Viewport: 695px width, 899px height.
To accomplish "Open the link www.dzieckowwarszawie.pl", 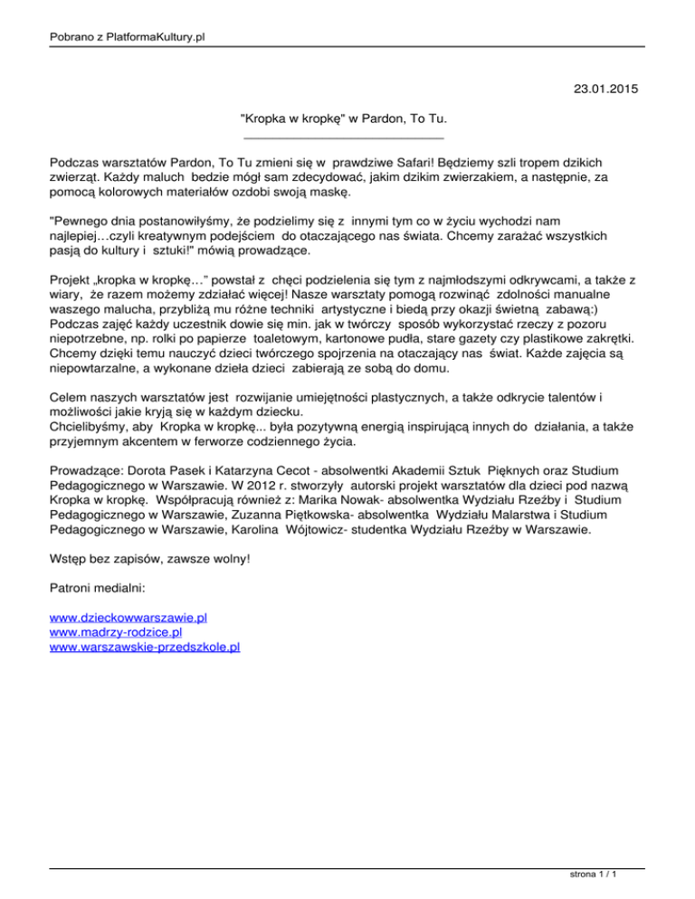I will tap(129, 617).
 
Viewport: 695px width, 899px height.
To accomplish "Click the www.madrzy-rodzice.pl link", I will tap(116, 632).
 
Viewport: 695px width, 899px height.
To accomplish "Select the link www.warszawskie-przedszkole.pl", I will tap(145, 647).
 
